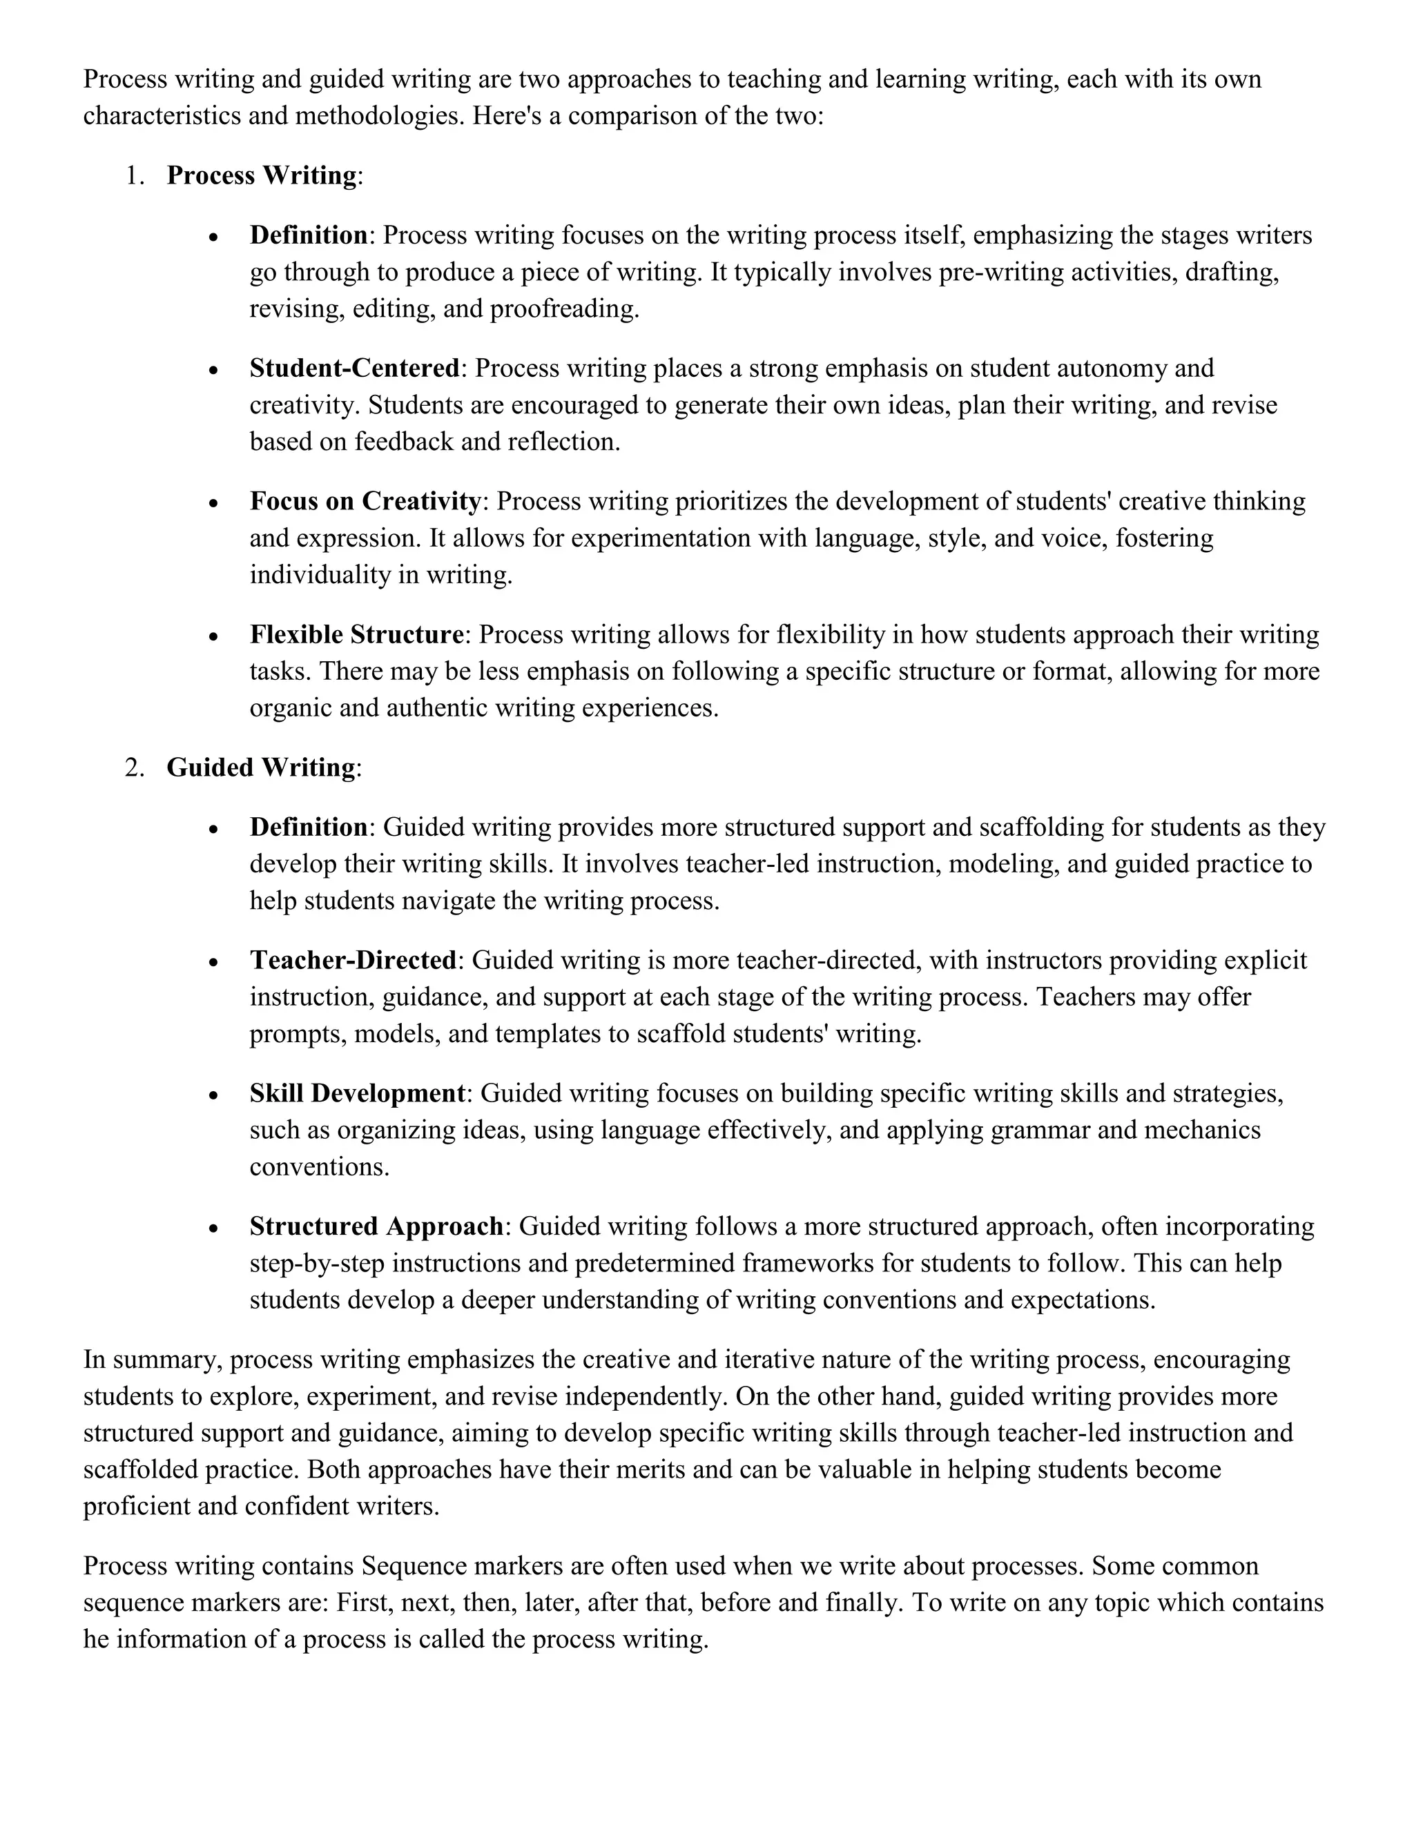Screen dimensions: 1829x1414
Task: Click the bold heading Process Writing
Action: [x=262, y=176]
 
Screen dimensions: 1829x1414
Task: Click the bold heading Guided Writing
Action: [x=260, y=768]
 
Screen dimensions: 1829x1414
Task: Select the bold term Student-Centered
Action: [x=354, y=369]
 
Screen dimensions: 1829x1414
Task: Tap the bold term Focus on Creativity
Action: [x=365, y=502]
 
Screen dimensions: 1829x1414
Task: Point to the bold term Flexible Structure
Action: [x=356, y=635]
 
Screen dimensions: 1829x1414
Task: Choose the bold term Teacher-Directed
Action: [x=353, y=961]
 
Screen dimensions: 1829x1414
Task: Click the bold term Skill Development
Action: [x=357, y=1094]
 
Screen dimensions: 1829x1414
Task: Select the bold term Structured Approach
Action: [x=376, y=1227]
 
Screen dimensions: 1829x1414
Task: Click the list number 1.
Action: [x=134, y=176]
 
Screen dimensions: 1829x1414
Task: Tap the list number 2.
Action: [x=134, y=768]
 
